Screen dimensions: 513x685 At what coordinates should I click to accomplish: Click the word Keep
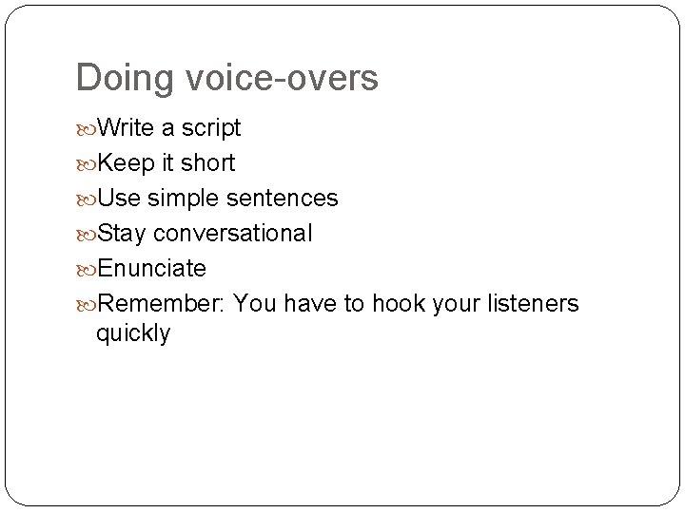[126, 162]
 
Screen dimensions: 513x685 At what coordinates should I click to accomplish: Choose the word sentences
[284, 198]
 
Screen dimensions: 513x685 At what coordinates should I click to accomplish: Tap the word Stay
[123, 233]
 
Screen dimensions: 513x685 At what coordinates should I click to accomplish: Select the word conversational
[232, 233]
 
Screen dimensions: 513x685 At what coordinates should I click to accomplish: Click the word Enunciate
[151, 268]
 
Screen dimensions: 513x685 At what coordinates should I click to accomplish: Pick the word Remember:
[162, 303]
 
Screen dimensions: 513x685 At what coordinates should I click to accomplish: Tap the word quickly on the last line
[133, 333]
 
